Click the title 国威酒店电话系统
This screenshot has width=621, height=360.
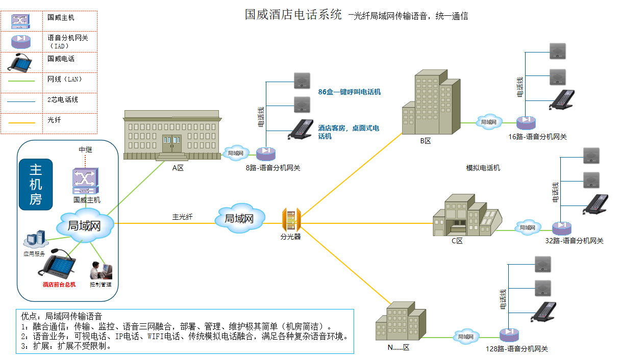coord(293,14)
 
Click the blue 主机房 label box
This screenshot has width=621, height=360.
coord(36,185)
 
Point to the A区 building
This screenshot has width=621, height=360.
coord(173,135)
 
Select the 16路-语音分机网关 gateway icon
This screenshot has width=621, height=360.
coord(525,122)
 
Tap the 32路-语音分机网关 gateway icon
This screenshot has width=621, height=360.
coord(561,227)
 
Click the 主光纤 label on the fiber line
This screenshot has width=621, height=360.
coord(182,217)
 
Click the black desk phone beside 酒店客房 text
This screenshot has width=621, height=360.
coord(301,130)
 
